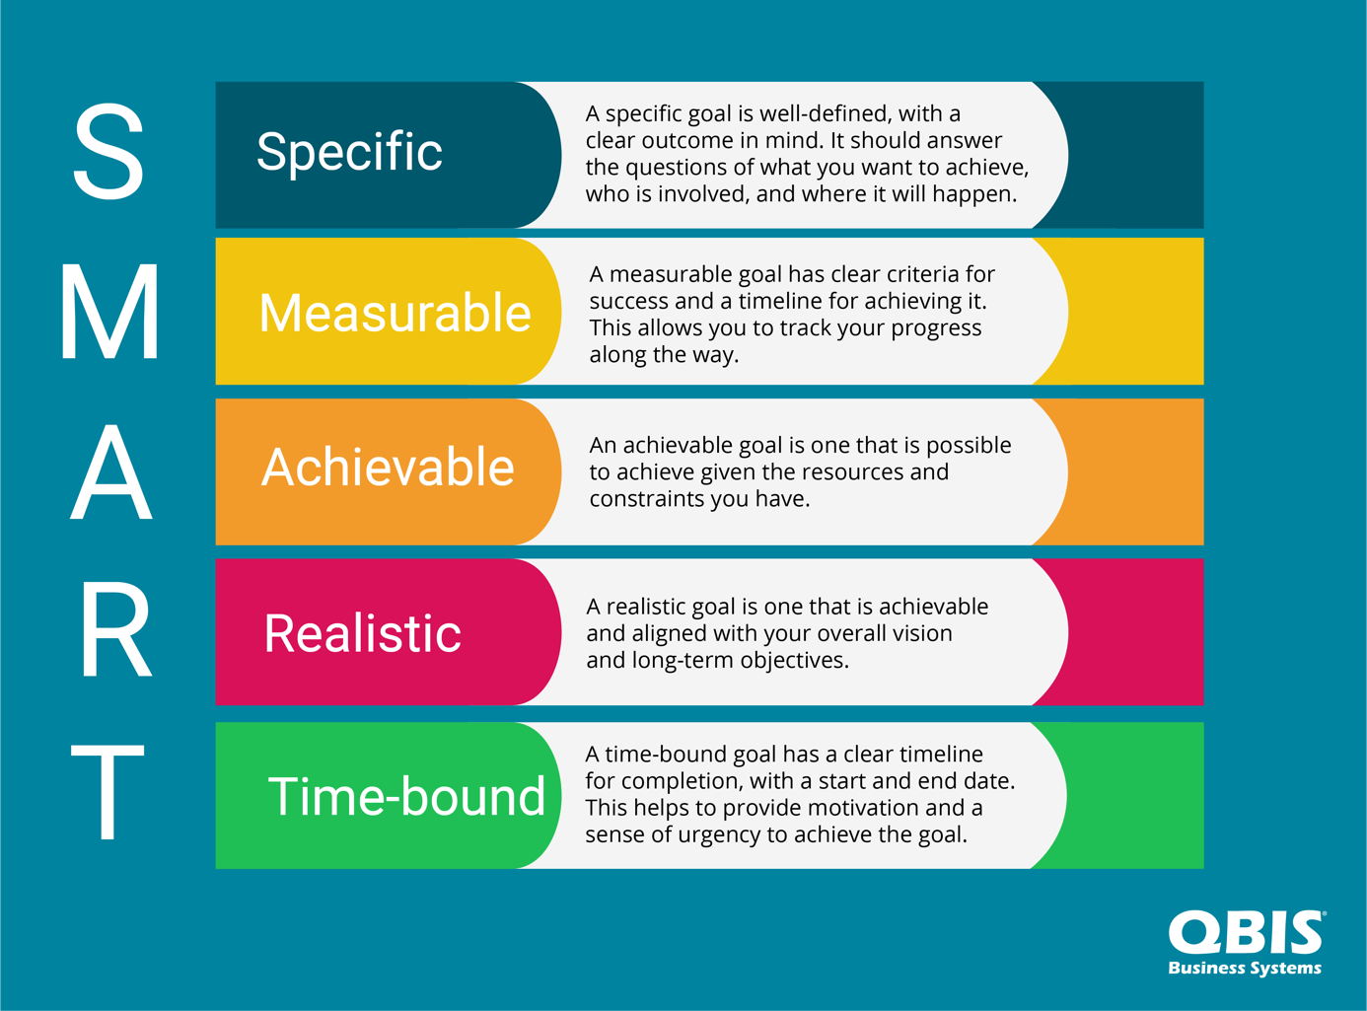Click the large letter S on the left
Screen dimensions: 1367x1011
click(108, 152)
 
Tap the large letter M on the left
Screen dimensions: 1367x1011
click(110, 311)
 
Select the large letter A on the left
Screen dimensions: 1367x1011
click(110, 471)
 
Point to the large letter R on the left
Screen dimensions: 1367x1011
click(116, 629)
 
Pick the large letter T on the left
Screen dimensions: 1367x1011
click(108, 792)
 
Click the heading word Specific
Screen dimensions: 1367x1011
click(349, 152)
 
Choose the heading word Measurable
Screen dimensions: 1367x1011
click(395, 313)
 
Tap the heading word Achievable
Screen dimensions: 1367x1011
click(388, 467)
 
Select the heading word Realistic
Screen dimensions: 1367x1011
click(363, 633)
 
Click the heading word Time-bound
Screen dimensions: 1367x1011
click(406, 796)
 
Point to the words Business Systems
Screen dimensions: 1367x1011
click(1245, 969)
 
